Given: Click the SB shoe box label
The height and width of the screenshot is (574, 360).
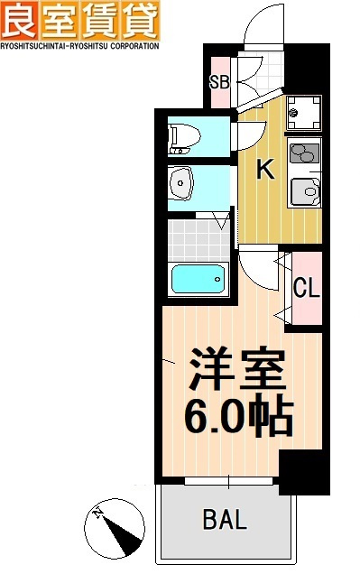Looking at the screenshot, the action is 219,82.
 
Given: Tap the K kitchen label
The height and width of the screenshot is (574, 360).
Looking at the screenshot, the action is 265,170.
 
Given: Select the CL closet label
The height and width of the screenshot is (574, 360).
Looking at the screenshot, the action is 307,288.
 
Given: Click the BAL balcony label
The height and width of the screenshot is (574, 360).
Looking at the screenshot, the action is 225,519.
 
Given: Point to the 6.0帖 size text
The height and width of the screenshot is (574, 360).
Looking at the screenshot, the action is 239,416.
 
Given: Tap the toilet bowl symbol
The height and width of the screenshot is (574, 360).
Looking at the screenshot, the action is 184,139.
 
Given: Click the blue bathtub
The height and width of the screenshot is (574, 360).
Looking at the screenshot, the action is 198,279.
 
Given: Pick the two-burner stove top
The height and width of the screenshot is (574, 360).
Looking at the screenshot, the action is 304,153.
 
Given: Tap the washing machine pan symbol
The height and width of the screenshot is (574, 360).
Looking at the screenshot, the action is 304,113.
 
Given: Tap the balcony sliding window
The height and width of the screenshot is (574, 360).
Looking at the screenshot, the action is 229,481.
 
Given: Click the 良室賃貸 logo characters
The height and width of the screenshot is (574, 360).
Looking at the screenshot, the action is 80,20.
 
